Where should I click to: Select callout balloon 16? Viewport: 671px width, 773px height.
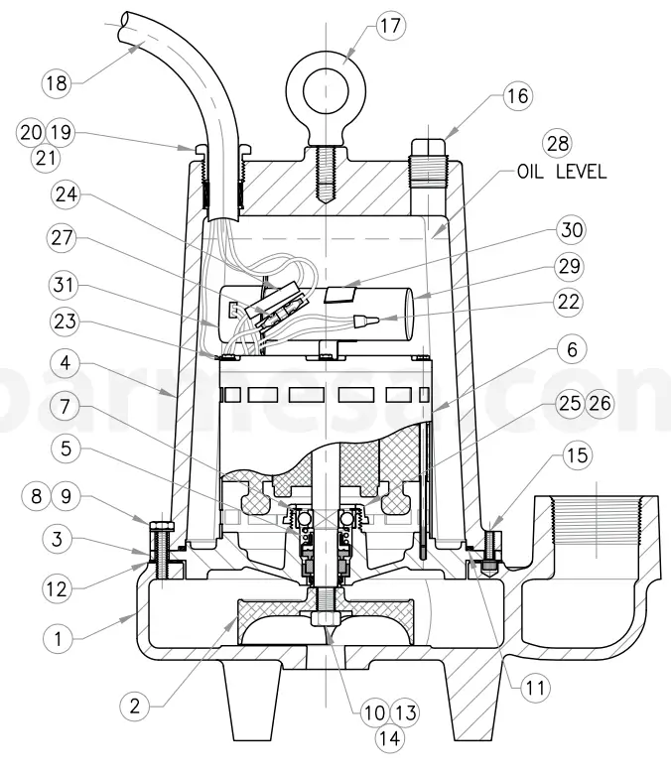coord(516,96)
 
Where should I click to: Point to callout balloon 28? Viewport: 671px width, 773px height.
coord(558,142)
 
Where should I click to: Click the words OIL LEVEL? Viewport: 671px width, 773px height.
coord(561,172)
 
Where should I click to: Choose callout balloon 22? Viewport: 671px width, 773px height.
coord(570,303)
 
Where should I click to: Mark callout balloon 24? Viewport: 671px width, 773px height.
coord(66,196)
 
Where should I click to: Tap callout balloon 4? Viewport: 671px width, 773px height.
coord(66,364)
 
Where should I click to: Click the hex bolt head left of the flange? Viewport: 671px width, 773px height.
coord(161,525)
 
